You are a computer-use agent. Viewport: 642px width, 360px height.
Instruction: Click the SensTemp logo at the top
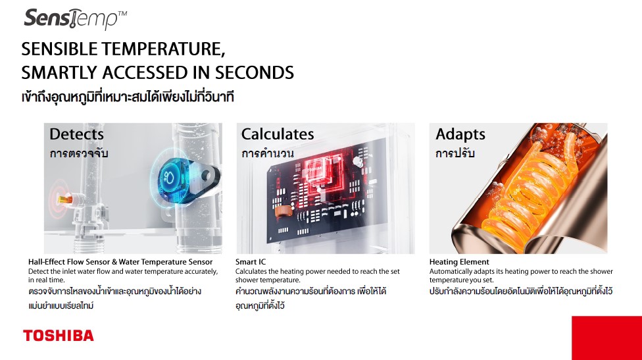[76, 18]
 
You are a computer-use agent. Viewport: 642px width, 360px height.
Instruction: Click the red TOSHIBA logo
[58, 336]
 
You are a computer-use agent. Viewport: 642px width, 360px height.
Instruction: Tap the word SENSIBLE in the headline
[60, 49]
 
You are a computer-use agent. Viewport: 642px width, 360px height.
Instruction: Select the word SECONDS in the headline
[255, 73]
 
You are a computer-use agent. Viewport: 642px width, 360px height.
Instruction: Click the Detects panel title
[76, 134]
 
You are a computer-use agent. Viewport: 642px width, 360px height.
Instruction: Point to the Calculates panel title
[278, 134]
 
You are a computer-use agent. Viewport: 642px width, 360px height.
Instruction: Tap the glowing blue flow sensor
[172, 176]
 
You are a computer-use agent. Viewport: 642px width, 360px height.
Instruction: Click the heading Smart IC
[250, 262]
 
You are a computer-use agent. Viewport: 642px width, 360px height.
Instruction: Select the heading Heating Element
[459, 262]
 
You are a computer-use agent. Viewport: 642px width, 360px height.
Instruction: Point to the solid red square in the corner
[606, 338]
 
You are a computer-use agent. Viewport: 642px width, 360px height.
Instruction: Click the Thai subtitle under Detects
[79, 153]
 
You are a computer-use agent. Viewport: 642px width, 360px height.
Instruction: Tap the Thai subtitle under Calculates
[267, 153]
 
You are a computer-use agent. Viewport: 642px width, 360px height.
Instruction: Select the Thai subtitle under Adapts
[455, 153]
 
